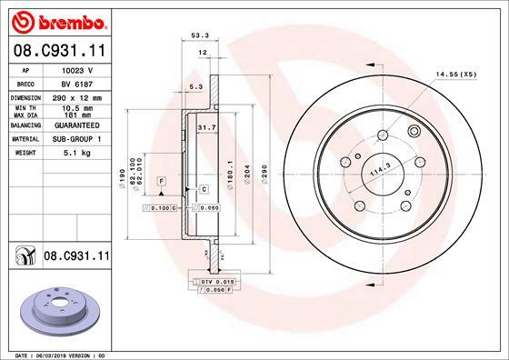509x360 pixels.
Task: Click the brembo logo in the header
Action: pyautogui.click(x=59, y=23)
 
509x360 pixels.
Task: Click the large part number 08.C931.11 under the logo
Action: pyautogui.click(x=60, y=51)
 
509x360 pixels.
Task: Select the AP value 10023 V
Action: pyautogui.click(x=77, y=70)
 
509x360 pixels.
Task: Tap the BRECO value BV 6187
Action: pyautogui.click(x=77, y=85)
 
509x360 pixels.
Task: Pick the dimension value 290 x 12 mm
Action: pyautogui.click(x=77, y=98)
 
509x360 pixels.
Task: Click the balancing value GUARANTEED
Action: pyautogui.click(x=77, y=125)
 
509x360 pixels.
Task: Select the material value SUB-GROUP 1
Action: pyautogui.click(x=77, y=139)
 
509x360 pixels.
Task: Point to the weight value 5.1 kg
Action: pyautogui.click(x=77, y=153)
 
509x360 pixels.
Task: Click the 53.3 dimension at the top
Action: pyautogui.click(x=200, y=35)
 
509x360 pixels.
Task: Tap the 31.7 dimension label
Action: pyautogui.click(x=207, y=127)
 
